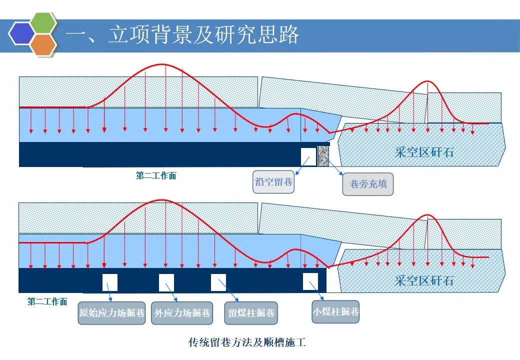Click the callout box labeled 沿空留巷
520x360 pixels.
coord(273,182)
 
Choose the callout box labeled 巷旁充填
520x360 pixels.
coord(368,184)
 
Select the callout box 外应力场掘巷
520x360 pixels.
coord(182,313)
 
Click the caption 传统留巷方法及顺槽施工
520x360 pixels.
coord(246,342)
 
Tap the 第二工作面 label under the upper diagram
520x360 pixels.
coord(156,176)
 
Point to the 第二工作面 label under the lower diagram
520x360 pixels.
coord(47,302)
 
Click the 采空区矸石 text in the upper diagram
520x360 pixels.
coord(424,152)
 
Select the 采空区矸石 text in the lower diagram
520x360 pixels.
coord(424,280)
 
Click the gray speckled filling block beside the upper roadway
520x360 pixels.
coord(323,155)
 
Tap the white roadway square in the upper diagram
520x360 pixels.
coord(308,156)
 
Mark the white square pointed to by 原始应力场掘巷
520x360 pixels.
coord(110,282)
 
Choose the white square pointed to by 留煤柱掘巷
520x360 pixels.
coord(218,282)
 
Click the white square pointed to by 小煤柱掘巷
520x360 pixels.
coord(310,281)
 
